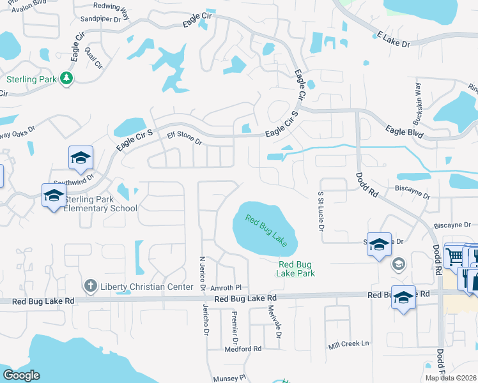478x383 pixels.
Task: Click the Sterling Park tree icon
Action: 66,79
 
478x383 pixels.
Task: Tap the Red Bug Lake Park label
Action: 297,269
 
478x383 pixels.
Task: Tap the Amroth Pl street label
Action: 227,288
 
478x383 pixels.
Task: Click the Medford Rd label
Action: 243,349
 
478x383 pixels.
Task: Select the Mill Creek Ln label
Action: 349,344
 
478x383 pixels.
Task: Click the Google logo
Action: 21,375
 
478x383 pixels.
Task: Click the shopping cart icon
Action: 454,257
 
